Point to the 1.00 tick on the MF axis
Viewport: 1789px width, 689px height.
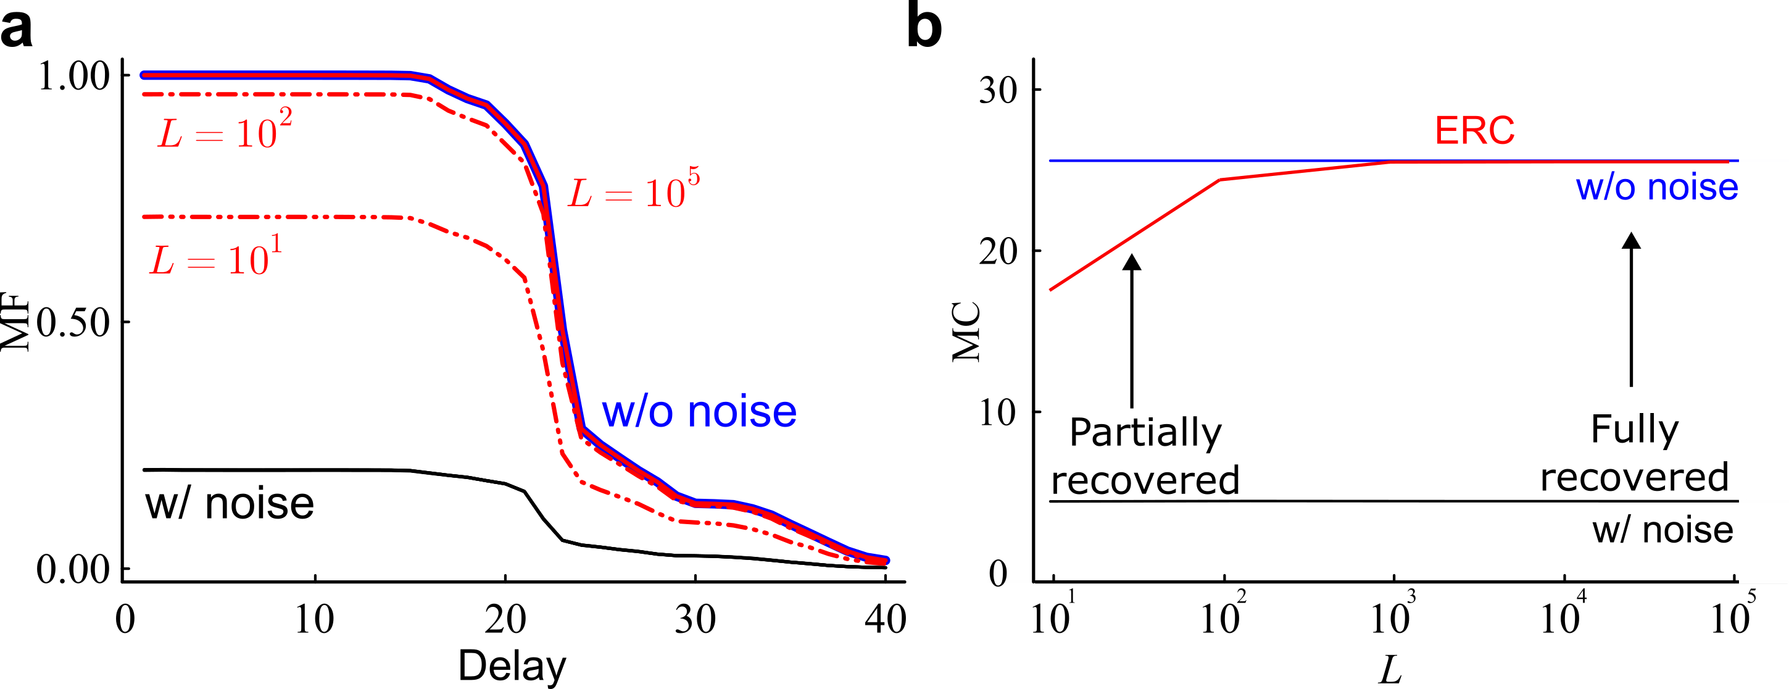[73, 76]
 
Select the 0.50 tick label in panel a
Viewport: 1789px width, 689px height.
[73, 322]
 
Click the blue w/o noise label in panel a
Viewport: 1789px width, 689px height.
[699, 412]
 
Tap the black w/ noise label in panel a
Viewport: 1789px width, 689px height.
[229, 504]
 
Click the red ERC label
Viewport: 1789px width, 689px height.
[1474, 131]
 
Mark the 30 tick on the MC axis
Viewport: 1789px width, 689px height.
[997, 90]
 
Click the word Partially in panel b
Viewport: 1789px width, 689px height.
[1145, 433]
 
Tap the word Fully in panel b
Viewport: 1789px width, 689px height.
[1635, 430]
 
